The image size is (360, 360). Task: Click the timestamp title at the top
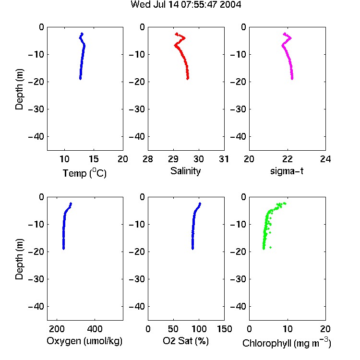coord(186,4)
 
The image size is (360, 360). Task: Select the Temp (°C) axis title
coord(84,173)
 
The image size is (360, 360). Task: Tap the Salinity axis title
coord(185,171)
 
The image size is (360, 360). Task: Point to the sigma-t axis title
coord(287,171)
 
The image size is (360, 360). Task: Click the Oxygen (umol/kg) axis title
coord(84,341)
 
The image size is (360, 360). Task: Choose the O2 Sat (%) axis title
coord(186,341)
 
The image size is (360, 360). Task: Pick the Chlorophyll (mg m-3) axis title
coord(287,343)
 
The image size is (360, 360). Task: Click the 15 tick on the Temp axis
coord(94,159)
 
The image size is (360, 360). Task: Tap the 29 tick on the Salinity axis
coord(173,159)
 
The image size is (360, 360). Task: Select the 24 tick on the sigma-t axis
coord(325,159)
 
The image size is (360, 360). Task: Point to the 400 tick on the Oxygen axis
coord(95,329)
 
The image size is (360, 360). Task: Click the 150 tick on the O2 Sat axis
coord(224,329)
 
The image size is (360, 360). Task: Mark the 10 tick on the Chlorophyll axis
coord(287,329)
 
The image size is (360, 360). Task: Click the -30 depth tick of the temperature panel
coord(36,109)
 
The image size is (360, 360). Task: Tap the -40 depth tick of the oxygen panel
coord(36,307)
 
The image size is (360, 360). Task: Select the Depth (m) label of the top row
coord(19,89)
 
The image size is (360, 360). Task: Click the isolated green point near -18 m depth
coord(270,247)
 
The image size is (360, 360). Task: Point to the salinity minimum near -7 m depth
coord(175,46)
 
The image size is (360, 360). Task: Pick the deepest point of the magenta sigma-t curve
coord(292,79)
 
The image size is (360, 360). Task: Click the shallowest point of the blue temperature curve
coord(82,34)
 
